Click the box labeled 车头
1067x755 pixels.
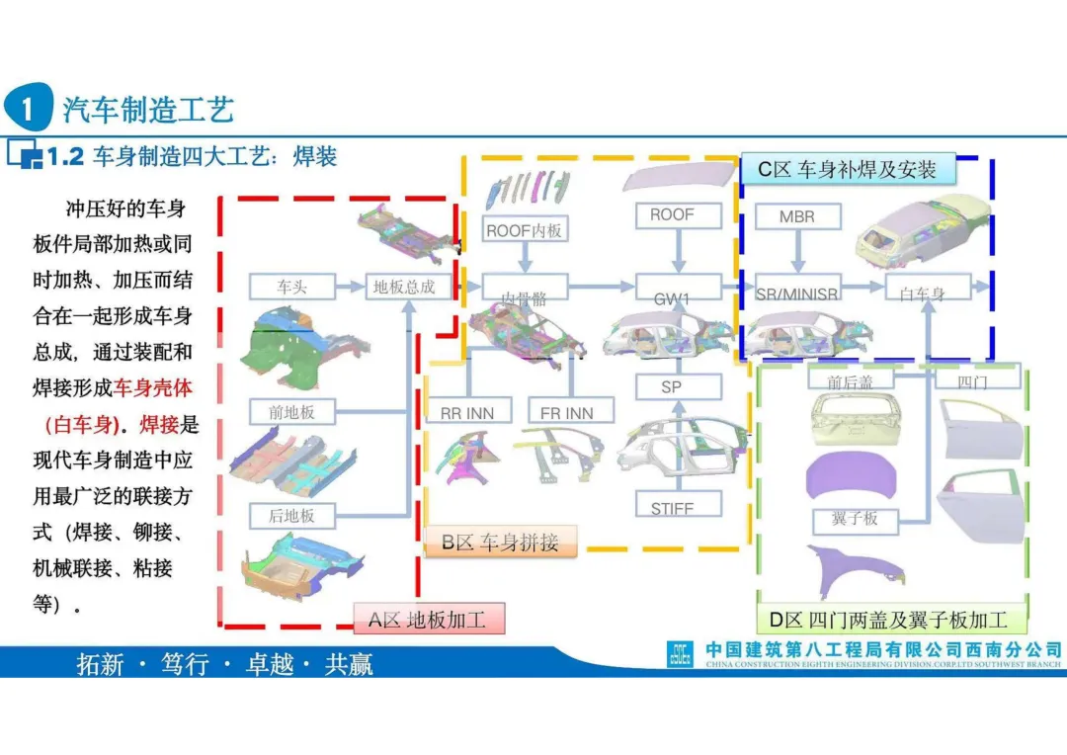(291, 287)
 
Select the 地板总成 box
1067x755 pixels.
(404, 287)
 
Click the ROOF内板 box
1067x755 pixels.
(525, 230)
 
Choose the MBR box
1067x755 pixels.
(796, 216)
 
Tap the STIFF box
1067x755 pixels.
(672, 508)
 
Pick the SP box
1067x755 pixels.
(672, 387)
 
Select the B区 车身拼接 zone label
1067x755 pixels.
(500, 542)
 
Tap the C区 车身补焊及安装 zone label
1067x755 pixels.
(847, 169)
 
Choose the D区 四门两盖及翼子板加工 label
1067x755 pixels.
(888, 620)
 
